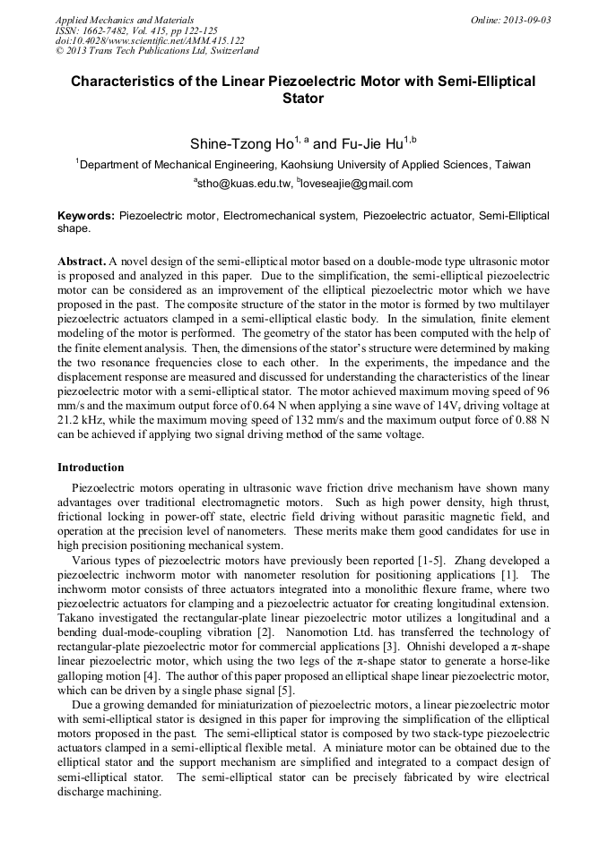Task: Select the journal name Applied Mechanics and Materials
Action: click(x=125, y=20)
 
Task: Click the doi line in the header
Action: click(x=150, y=40)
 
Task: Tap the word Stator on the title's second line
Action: click(x=303, y=99)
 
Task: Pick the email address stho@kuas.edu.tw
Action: click(x=245, y=184)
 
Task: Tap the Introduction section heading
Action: click(x=91, y=468)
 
